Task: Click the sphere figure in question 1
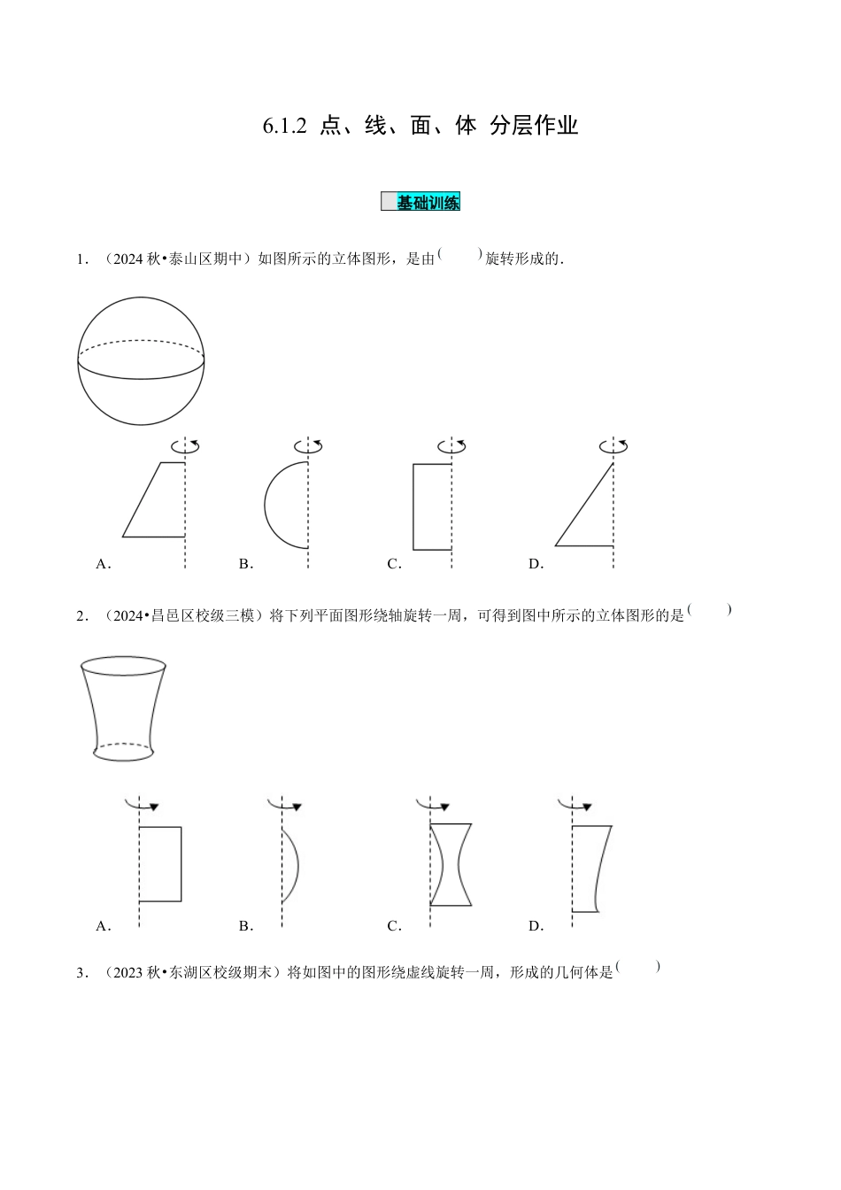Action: [142, 360]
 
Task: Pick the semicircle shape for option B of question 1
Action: [287, 505]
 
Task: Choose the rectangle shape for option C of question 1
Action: [432, 506]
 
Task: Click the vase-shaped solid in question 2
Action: [123, 708]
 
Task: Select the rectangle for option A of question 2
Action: [160, 864]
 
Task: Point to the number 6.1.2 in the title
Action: [284, 126]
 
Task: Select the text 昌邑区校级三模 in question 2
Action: [207, 616]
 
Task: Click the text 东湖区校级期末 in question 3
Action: [228, 973]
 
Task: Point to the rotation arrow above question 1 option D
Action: [613, 445]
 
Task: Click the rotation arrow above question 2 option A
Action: [143, 805]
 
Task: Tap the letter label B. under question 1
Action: [246, 564]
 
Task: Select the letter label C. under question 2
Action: [395, 926]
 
